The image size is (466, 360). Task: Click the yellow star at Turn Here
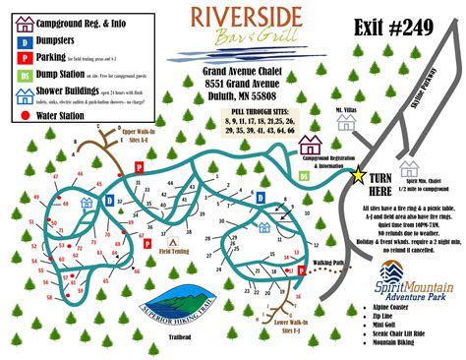pyautogui.click(x=358, y=176)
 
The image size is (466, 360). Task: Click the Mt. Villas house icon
pyautogui.click(x=345, y=122)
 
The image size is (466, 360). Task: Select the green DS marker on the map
pyautogui.click(x=304, y=175)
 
